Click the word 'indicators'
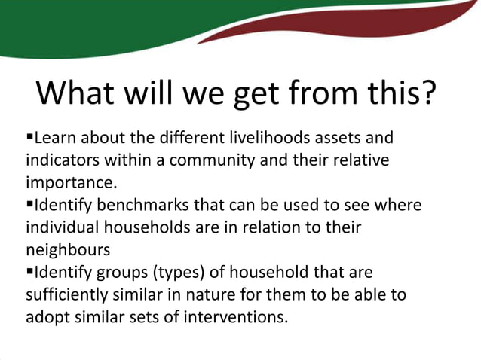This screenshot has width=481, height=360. pos(60,160)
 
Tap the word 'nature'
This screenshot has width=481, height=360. pos(198,292)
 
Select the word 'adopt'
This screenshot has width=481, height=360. pos(45,314)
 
